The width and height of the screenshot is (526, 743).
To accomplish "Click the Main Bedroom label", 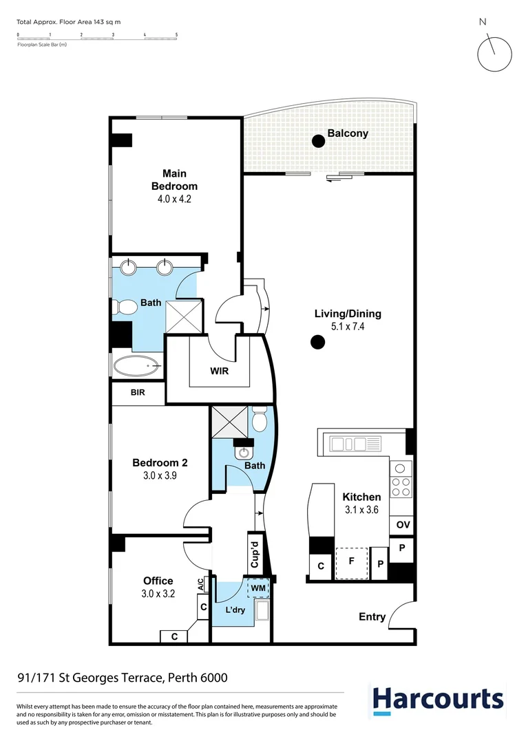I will click(x=174, y=180).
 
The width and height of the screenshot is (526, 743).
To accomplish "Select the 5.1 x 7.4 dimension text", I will click(x=348, y=327).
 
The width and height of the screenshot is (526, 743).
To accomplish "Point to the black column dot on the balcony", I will click(x=318, y=141).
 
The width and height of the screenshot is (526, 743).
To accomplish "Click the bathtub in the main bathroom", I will click(x=137, y=366).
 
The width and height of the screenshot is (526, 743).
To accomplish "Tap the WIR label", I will click(x=220, y=371).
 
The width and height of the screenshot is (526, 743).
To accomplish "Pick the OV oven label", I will click(x=403, y=525).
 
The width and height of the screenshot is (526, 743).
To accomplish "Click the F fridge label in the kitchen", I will click(x=352, y=561).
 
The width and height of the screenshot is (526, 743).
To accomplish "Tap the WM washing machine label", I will click(x=258, y=589).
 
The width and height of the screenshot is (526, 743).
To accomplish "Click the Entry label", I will click(x=372, y=616).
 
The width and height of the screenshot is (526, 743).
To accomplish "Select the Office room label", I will click(x=158, y=581).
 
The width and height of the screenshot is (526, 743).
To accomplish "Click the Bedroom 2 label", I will click(x=160, y=463).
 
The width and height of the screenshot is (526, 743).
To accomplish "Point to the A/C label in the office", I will click(x=201, y=584).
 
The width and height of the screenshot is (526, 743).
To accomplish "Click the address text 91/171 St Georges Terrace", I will click(x=122, y=678).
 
